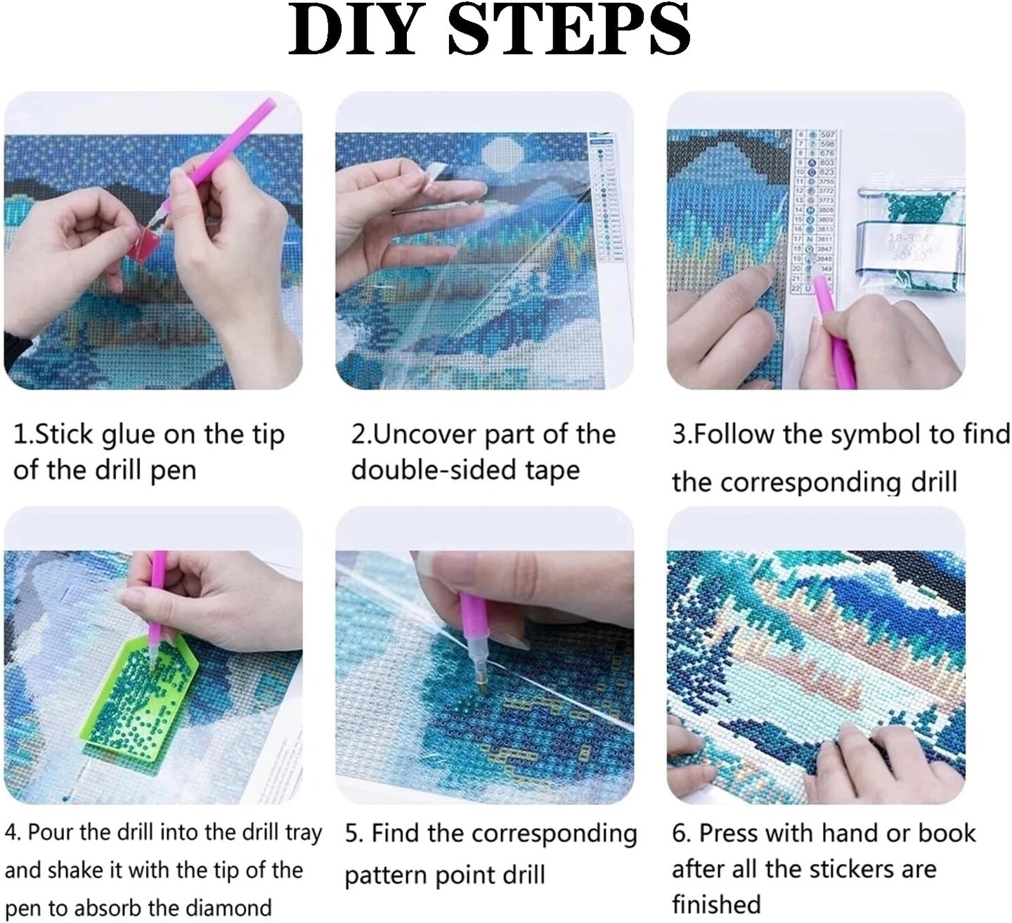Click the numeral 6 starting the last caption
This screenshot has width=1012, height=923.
point(678,834)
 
